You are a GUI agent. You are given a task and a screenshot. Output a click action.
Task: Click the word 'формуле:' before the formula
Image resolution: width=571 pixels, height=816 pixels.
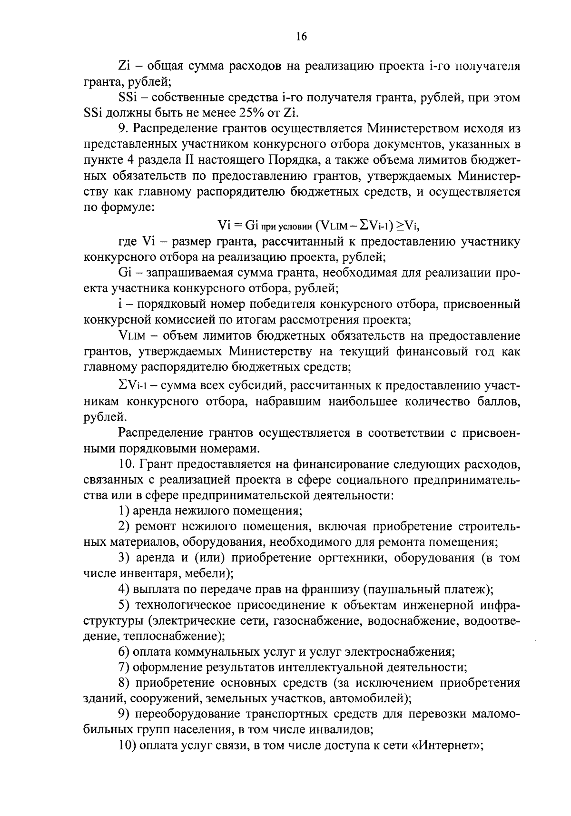point(127,207)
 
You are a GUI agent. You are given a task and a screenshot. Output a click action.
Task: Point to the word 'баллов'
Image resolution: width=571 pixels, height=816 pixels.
point(498,401)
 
